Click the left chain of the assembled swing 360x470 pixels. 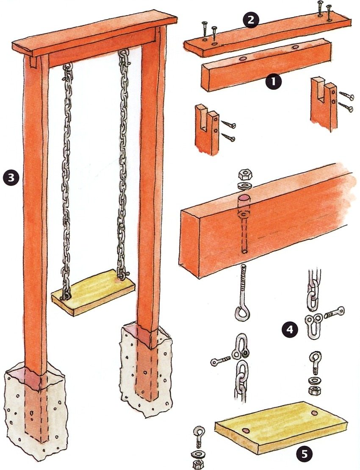point(66,178)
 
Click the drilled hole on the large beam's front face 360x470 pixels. point(244,251)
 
